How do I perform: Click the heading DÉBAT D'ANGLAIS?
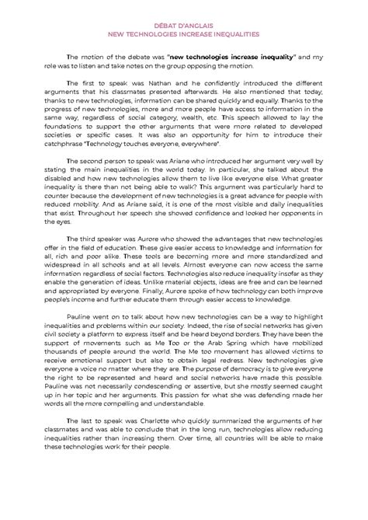[x=183, y=24]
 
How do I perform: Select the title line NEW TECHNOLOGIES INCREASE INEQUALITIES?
[x=183, y=34]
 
